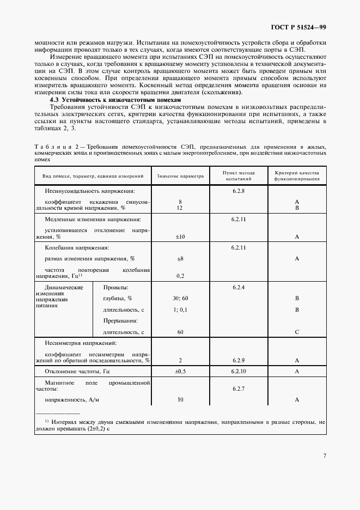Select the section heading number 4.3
point(54,100)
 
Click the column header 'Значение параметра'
point(180,177)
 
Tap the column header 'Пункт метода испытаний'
point(239,175)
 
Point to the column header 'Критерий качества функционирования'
point(297,175)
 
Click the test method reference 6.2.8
point(239,191)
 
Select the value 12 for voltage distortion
point(180,208)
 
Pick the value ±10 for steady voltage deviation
point(180,237)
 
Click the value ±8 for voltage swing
point(180,259)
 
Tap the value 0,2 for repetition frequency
point(180,276)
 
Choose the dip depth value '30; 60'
point(180,299)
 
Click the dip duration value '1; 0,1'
point(180,310)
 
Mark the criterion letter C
point(297,332)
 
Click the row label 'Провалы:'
point(115,287)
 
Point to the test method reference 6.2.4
point(239,287)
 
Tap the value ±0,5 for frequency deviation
point(180,371)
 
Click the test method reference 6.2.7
point(239,388)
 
